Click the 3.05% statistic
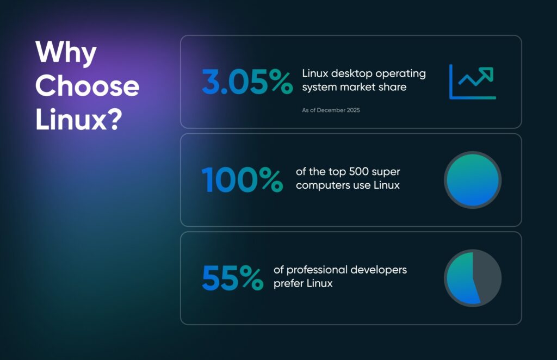click(246, 82)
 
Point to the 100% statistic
click(242, 179)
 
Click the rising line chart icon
click(472, 82)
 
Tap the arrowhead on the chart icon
click(488, 72)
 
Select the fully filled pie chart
click(472, 180)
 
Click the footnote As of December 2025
click(331, 110)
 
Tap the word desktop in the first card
click(350, 73)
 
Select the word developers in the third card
click(381, 270)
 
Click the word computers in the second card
click(321, 185)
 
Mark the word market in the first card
click(360, 86)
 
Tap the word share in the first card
click(393, 86)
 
